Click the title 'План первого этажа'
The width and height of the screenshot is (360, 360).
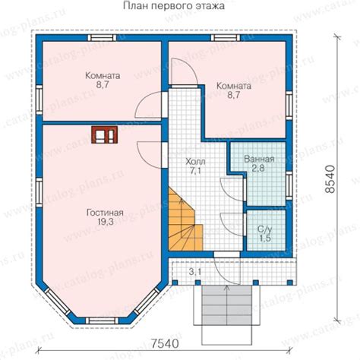coord(174,6)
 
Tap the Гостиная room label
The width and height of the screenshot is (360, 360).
coord(105,213)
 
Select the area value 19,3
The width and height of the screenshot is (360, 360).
coord(106,222)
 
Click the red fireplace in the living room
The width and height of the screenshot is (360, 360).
coord(105,134)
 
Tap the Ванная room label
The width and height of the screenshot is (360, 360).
coord(259,159)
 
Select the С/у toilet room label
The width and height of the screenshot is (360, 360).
coord(265,229)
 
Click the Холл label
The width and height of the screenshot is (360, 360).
coord(195,161)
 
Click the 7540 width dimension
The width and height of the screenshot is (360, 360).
coord(165,343)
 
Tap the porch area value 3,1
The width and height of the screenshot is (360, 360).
coord(195,272)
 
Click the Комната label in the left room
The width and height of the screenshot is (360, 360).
coord(103,76)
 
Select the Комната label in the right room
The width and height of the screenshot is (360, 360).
coord(234,86)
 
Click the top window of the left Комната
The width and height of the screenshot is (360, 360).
coord(102,38)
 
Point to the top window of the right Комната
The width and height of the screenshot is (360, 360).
coord(226,38)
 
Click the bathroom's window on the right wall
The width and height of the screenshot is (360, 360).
coord(289,185)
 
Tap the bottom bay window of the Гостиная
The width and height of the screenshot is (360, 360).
coord(102,321)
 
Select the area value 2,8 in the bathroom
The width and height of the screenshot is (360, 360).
coord(258,169)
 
